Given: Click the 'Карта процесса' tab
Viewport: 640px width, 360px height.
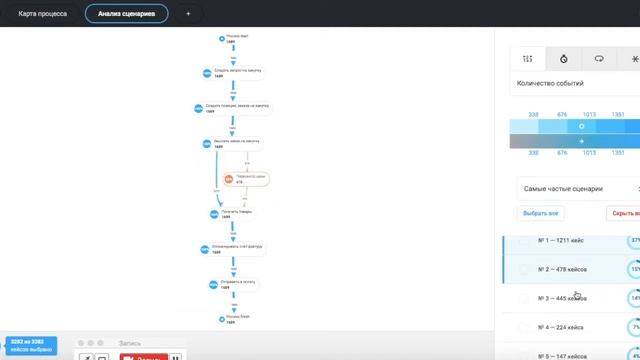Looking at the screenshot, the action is [x=42, y=14].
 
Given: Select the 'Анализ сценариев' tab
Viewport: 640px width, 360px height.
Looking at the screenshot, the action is [x=126, y=14].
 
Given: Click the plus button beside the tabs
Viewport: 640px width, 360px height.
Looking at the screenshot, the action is [x=187, y=14].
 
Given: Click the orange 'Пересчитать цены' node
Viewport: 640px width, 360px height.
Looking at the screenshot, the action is [x=248, y=180].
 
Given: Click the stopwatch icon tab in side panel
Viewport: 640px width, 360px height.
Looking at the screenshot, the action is [x=564, y=59].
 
